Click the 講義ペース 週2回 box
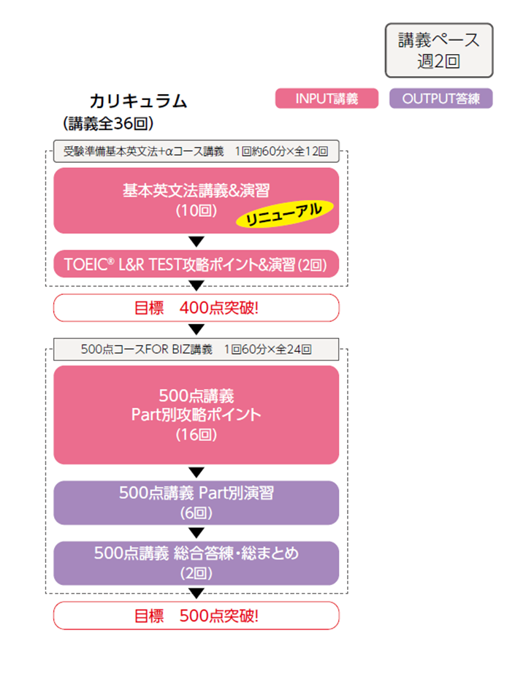[x=439, y=50]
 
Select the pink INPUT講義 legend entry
[x=326, y=99]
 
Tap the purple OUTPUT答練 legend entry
[x=441, y=99]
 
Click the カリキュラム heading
[x=138, y=101]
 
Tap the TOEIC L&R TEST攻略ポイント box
[x=196, y=264]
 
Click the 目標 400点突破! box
[x=196, y=307]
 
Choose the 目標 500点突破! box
[x=196, y=616]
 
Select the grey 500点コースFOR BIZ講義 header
[x=196, y=349]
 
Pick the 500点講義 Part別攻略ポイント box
[x=196, y=415]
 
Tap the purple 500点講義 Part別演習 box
[x=196, y=502]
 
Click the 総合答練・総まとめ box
[x=196, y=562]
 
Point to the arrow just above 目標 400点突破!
[x=196, y=286]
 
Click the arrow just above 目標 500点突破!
[x=196, y=593]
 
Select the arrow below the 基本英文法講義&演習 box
[x=196, y=242]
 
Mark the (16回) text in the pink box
[x=196, y=435]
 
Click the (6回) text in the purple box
[x=196, y=513]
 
